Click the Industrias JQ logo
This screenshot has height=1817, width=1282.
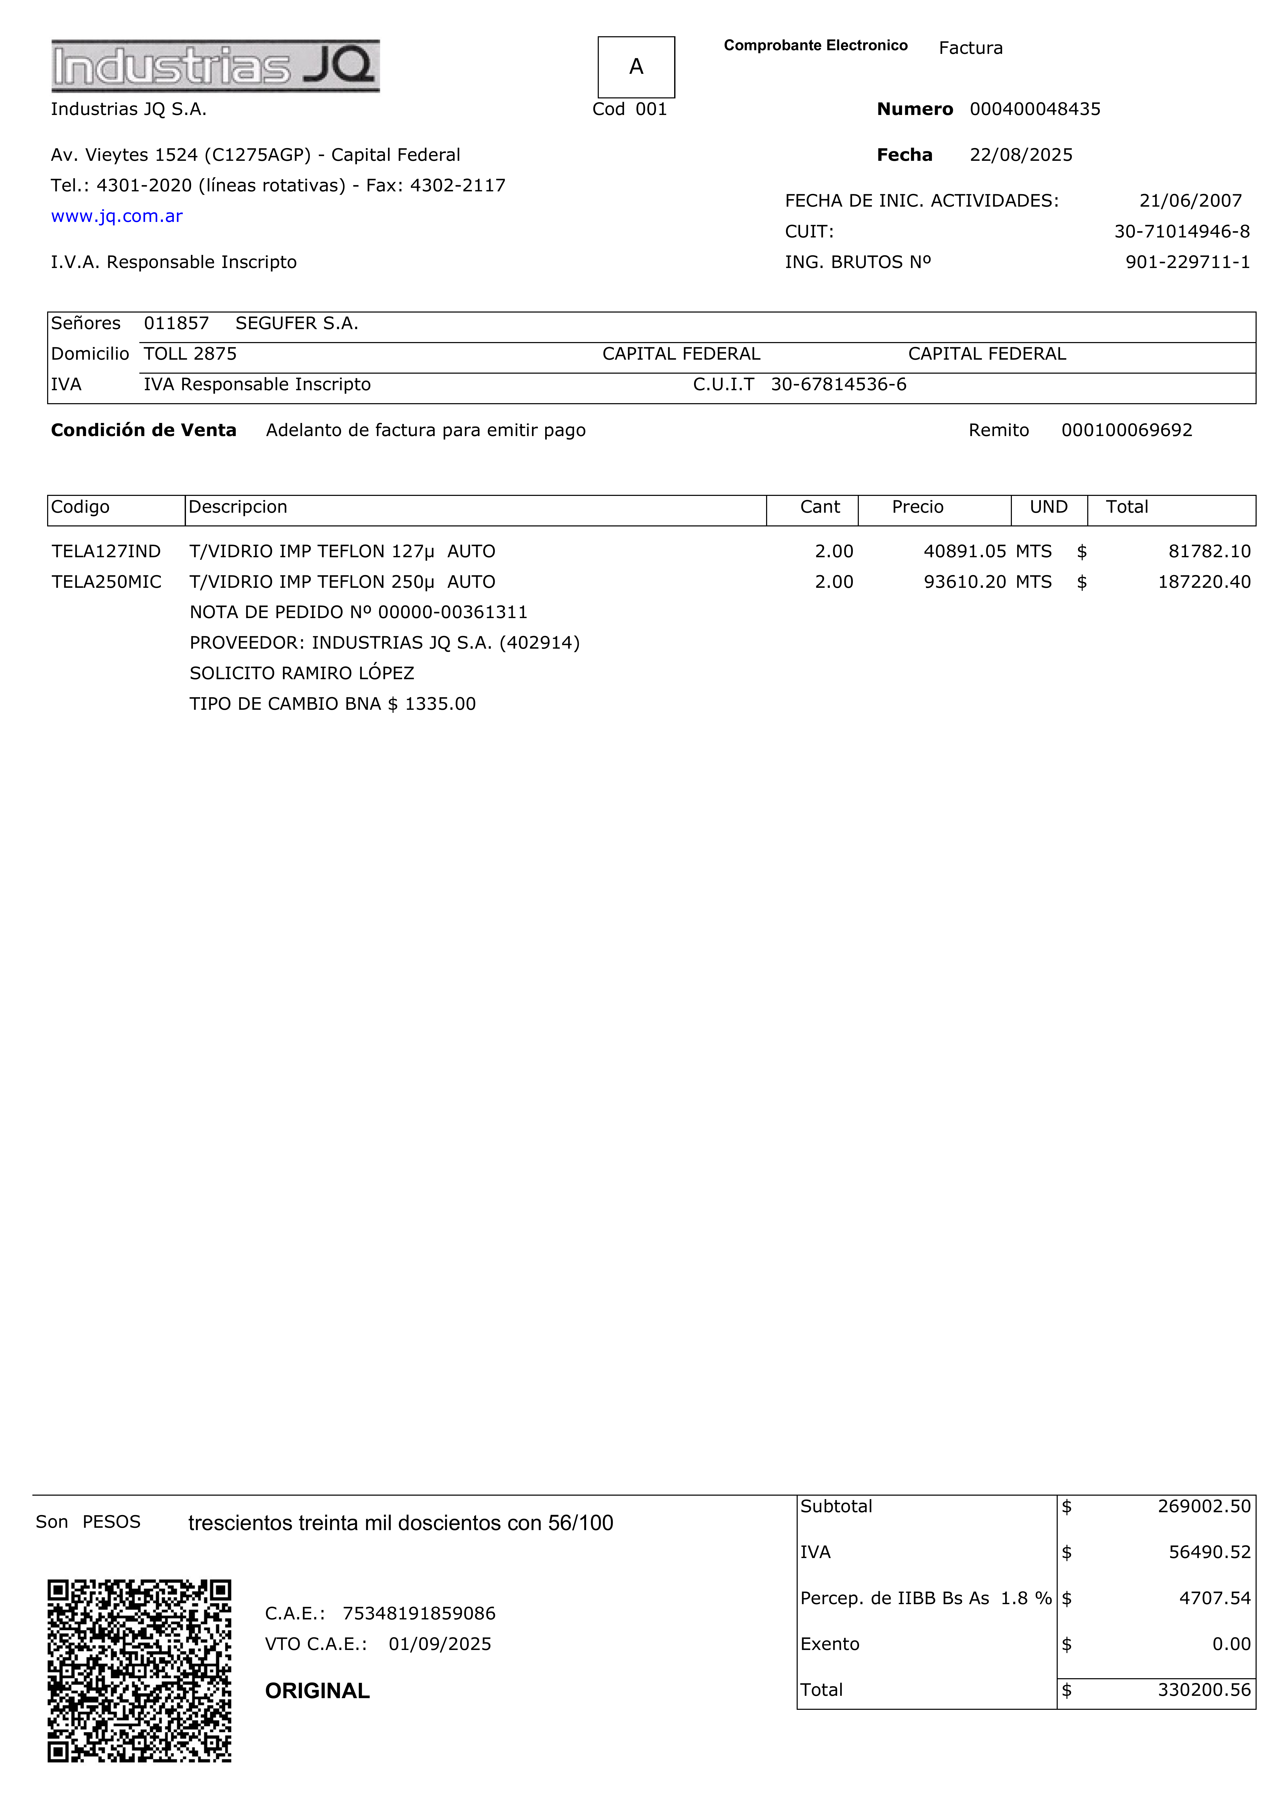(215, 66)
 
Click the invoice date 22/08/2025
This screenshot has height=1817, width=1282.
(1021, 155)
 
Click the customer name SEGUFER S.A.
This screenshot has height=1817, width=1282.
(297, 324)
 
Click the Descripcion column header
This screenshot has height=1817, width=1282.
(237, 507)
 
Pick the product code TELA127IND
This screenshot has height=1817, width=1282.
(106, 552)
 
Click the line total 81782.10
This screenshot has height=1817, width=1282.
(1209, 552)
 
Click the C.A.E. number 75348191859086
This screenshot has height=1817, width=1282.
(419, 1614)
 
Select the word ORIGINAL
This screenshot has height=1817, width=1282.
(317, 1691)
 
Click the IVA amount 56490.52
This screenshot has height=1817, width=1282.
(1209, 1553)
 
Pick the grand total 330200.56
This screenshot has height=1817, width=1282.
(1204, 1690)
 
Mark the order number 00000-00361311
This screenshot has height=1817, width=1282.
(453, 612)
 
